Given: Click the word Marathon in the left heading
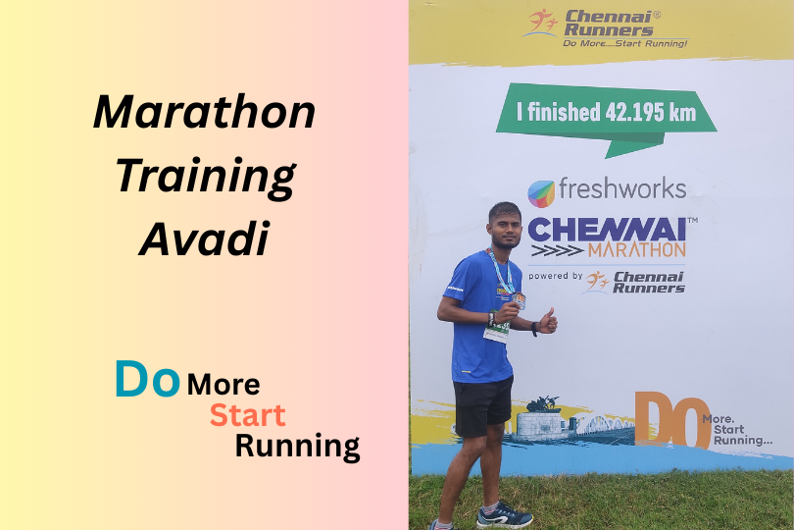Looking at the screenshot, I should tap(204, 113).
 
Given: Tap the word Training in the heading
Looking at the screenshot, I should tap(205, 178).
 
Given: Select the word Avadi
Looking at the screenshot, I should tap(204, 238).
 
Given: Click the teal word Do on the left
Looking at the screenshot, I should tap(147, 379).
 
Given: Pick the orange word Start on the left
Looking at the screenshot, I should tap(247, 414).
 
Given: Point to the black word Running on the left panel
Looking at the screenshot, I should tap(297, 447).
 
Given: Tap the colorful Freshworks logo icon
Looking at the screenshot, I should tap(541, 192).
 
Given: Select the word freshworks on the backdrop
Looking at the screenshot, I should tap(621, 188).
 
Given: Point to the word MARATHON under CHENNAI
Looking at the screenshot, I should tap(638, 251).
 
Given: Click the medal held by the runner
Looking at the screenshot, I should tap(519, 299).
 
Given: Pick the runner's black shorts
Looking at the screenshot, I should tap(482, 405).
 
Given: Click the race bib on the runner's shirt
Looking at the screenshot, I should tap(497, 331).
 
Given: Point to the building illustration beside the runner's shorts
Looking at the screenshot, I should tap(544, 420).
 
